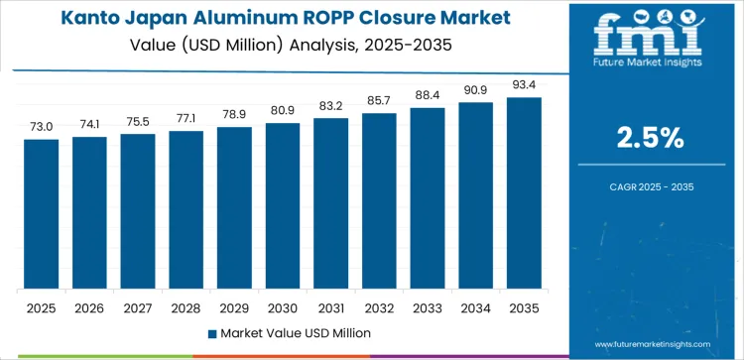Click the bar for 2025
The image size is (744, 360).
click(x=42, y=213)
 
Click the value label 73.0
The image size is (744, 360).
click(x=42, y=128)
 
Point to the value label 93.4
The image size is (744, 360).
click(x=523, y=86)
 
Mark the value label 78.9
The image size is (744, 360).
click(x=234, y=116)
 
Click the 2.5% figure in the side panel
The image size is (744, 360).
click(x=651, y=138)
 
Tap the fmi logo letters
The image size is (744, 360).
click(x=651, y=34)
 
